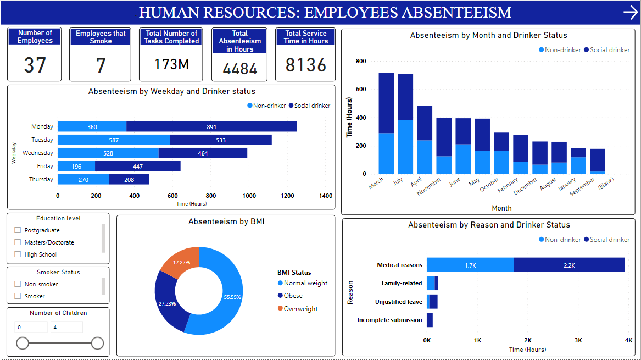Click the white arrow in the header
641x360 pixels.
click(x=630, y=13)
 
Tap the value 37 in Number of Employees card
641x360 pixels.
click(x=35, y=65)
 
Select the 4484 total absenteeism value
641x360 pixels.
click(x=239, y=68)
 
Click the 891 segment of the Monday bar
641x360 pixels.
click(x=211, y=126)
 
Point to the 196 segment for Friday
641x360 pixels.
click(x=76, y=166)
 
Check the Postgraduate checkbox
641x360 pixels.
click(x=18, y=230)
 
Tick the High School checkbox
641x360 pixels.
click(x=18, y=254)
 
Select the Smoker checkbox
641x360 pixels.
click(x=18, y=296)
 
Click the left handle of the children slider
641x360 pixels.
click(x=23, y=344)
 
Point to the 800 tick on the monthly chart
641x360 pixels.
click(x=360, y=61)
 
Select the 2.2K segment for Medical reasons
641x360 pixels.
click(x=569, y=265)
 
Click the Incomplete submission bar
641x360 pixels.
click(x=430, y=320)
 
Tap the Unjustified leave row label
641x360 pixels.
click(x=398, y=302)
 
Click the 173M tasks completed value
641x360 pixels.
click(x=171, y=65)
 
